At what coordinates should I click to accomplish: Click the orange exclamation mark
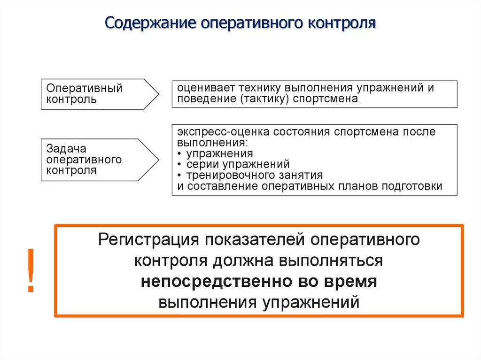[x=31, y=270]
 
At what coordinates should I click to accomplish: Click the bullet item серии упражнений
[x=238, y=165]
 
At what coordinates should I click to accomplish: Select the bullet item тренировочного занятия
[x=254, y=176]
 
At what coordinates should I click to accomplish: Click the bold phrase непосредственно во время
[x=259, y=282]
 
